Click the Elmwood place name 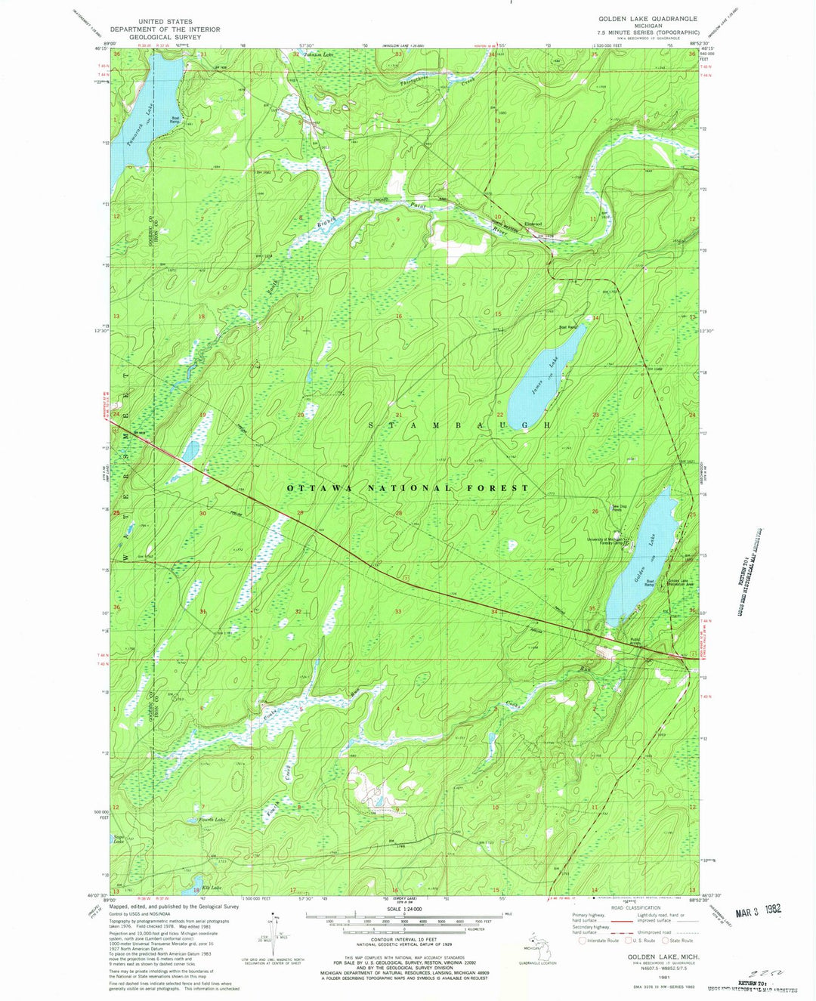[x=533, y=224]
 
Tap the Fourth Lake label [x=212, y=819]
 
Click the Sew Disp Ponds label [x=618, y=508]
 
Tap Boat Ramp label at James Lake [x=567, y=327]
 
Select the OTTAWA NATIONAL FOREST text [x=408, y=488]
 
